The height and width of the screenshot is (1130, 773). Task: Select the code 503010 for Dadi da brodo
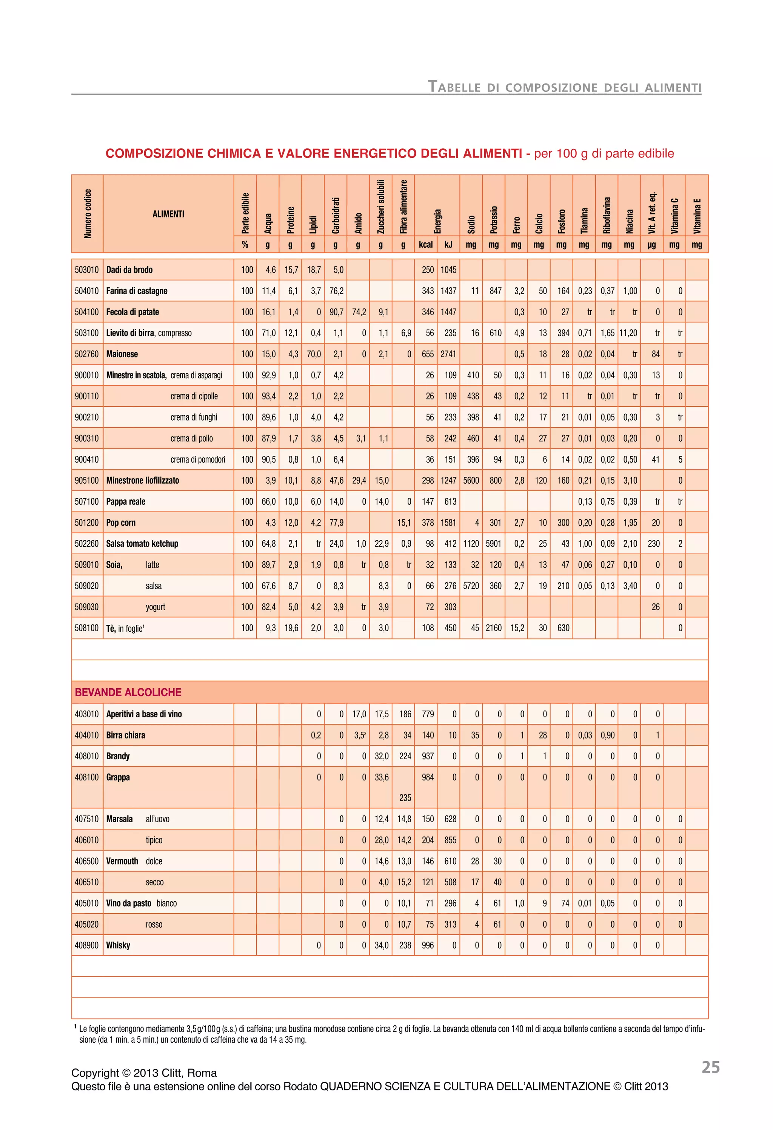(86, 270)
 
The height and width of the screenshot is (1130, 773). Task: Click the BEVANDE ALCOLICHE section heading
(128, 692)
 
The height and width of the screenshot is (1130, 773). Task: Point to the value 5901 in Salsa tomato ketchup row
(493, 544)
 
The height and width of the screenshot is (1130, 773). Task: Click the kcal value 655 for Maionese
(427, 354)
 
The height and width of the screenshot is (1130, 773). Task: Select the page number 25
(710, 1067)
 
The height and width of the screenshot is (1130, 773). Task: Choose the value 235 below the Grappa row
(405, 798)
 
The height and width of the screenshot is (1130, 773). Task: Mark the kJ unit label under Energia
(448, 245)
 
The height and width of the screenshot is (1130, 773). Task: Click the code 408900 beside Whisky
(86, 945)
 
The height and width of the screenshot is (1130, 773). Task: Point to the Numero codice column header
(88, 214)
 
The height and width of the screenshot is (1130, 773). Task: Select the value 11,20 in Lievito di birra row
(628, 333)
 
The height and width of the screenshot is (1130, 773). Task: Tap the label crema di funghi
(194, 417)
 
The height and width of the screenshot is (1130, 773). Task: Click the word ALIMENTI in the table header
(168, 214)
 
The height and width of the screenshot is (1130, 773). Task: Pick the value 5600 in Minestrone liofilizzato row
(471, 480)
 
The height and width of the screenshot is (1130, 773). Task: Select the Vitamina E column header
(697, 216)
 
